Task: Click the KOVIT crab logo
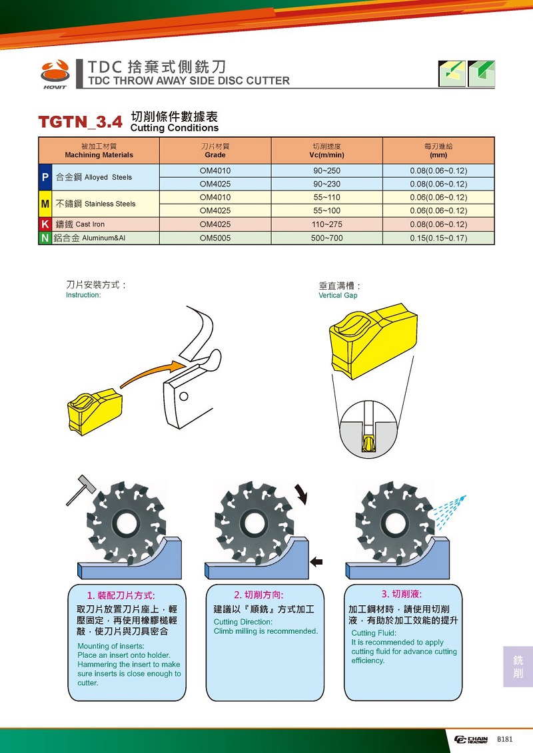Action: point(55,74)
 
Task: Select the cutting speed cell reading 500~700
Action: point(327,238)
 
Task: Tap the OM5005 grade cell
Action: point(215,238)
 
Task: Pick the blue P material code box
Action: point(45,177)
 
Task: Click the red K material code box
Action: point(45,224)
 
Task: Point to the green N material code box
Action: point(45,238)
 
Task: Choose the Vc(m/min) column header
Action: point(327,150)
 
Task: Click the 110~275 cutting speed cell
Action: point(327,224)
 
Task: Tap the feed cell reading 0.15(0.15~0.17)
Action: point(438,238)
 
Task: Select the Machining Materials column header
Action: point(99,150)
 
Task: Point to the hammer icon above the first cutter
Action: point(81,490)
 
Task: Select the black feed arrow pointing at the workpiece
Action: point(316,561)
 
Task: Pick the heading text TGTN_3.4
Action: point(80,122)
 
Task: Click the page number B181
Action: point(504,739)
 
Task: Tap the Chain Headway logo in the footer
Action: point(471,740)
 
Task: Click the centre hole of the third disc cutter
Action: point(395,523)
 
